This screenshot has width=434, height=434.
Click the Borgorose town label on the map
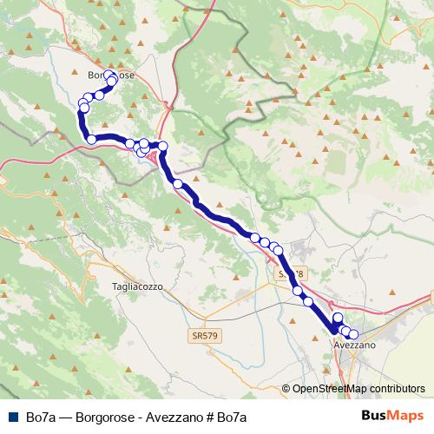[111, 76]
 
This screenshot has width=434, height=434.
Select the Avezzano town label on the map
[354, 345]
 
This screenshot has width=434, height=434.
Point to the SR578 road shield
[291, 273]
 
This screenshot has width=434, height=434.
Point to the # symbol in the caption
[211, 417]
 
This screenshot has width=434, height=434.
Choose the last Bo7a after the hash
[233, 417]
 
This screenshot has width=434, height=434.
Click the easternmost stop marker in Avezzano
[353, 334]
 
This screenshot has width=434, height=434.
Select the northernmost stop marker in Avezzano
[338, 319]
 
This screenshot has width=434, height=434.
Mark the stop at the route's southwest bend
[91, 139]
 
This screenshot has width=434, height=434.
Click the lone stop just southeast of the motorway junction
[178, 184]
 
